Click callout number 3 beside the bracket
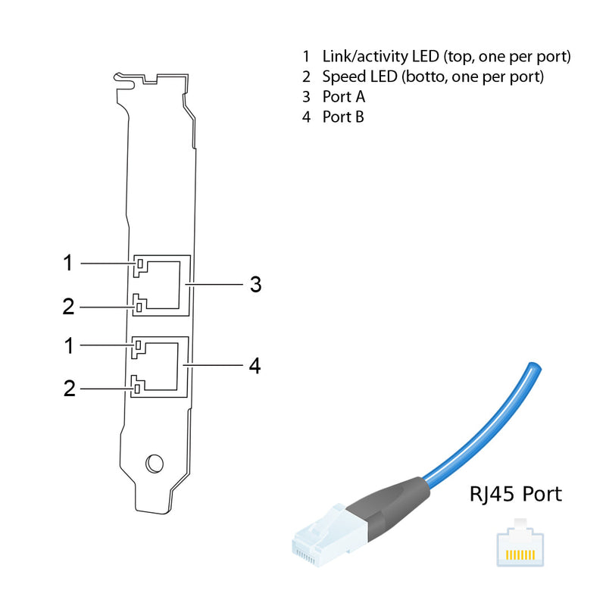pyautogui.click(x=255, y=285)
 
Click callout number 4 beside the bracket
pyautogui.click(x=255, y=367)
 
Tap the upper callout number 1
pyautogui.click(x=68, y=264)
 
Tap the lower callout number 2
pyautogui.click(x=69, y=389)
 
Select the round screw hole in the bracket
pyautogui.click(x=154, y=462)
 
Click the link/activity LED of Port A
pyautogui.click(x=139, y=264)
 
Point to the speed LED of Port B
pyautogui.click(x=136, y=389)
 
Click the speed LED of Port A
pyautogui.click(x=139, y=307)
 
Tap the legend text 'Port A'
pyautogui.click(x=343, y=97)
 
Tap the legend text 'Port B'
pyautogui.click(x=343, y=117)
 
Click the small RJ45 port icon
pyautogui.click(x=520, y=545)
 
